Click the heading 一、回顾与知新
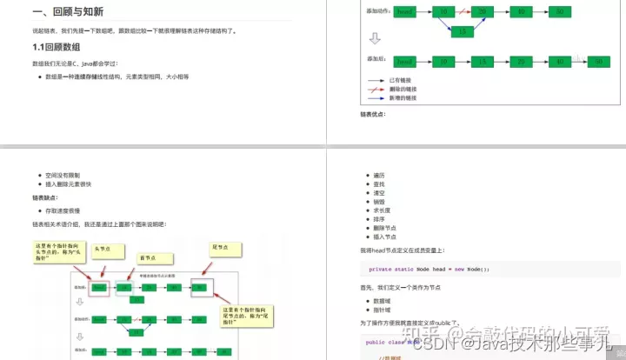pos(70,13)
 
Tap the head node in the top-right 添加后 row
pos(404,61)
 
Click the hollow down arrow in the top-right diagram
pos(375,38)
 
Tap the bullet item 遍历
pos(377,176)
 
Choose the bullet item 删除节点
pos(384,228)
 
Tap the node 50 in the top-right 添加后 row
pos(598,61)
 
